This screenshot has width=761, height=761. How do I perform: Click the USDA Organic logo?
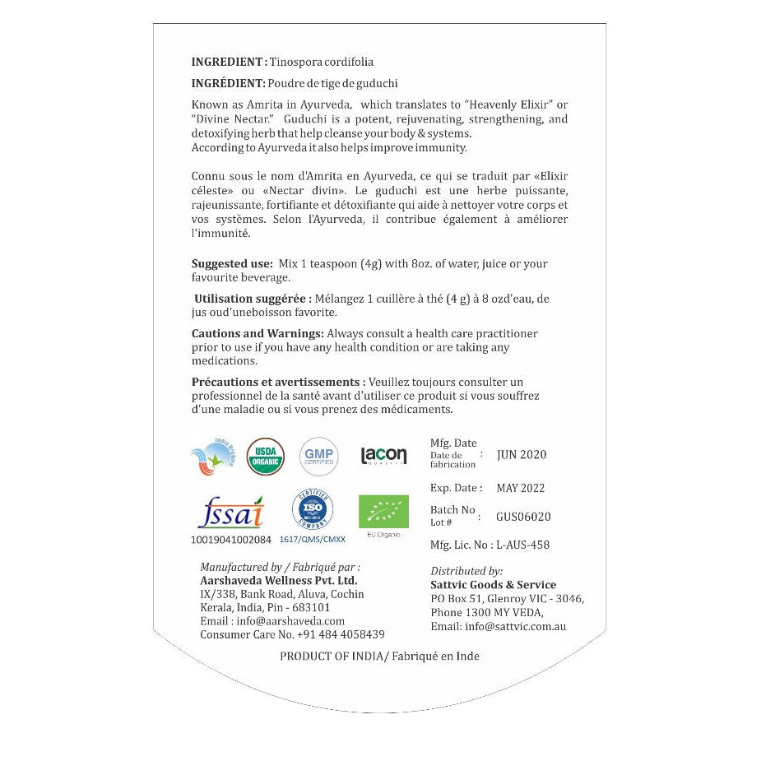point(266,457)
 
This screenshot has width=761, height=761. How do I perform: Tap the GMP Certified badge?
point(318,457)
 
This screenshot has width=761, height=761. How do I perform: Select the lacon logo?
point(383,456)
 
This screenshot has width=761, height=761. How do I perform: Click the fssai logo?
point(230,513)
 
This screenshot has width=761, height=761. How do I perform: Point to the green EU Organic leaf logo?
point(383,511)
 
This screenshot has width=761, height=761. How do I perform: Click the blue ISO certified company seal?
point(313,510)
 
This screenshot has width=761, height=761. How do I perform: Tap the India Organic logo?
point(212,457)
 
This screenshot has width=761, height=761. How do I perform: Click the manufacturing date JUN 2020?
point(522,455)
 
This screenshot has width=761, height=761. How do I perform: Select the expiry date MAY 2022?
point(521,488)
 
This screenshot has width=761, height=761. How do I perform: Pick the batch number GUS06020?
point(523,517)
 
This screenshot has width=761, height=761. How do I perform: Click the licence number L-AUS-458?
point(522,545)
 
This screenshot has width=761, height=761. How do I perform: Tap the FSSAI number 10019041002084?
point(230,540)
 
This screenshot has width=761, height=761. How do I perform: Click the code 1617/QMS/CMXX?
point(313,540)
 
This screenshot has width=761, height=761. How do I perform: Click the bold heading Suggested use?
point(232,264)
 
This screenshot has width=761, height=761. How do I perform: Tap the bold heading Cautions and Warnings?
point(258,334)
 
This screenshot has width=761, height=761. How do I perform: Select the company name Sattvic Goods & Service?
point(494,585)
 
